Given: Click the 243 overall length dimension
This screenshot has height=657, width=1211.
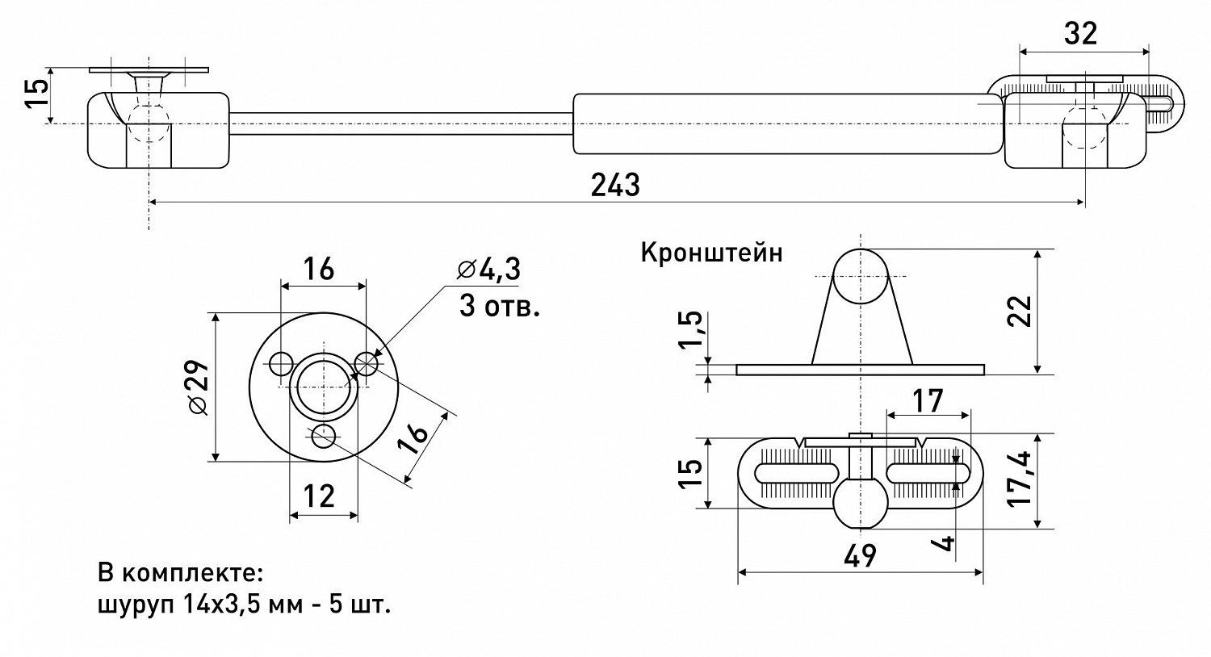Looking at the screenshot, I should [615, 185].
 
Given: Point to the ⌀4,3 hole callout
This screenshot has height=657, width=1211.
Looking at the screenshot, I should [488, 270].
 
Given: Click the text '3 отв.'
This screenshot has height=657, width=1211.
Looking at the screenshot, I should [498, 307].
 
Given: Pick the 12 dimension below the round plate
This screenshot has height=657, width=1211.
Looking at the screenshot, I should [321, 496].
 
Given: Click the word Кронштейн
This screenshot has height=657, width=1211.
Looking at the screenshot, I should [711, 253].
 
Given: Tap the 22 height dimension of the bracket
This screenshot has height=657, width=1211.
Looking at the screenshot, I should [1021, 310].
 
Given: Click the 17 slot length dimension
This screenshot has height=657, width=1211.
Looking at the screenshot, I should [928, 400].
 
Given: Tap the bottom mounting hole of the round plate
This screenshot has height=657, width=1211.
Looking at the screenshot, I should [324, 437].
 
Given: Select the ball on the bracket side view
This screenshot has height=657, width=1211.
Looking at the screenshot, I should [861, 276].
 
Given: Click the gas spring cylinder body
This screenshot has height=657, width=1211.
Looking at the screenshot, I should [787, 123].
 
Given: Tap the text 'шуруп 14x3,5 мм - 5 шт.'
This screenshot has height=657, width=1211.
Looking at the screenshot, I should [244, 605].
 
